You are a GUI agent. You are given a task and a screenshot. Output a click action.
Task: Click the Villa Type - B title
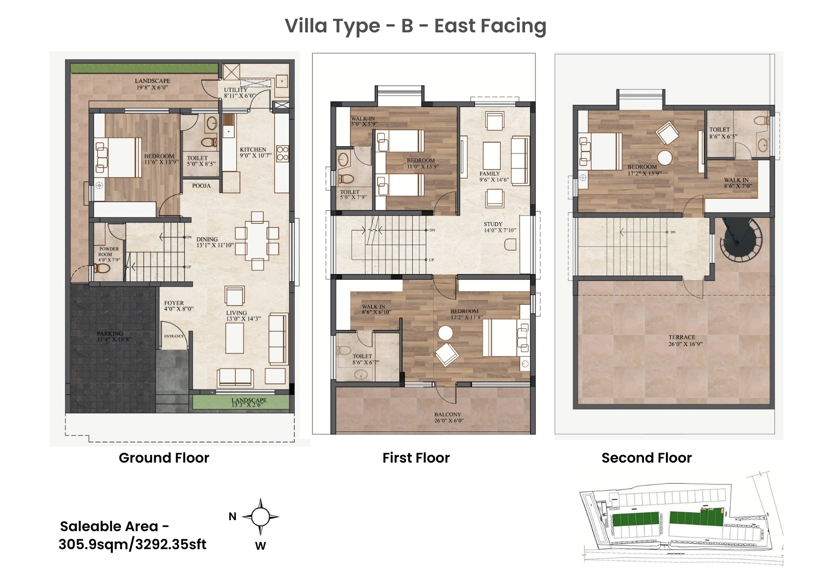tap(415, 26)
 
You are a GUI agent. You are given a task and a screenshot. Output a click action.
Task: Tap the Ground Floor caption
tap(164, 458)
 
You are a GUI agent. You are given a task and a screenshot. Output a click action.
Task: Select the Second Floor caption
tap(646, 458)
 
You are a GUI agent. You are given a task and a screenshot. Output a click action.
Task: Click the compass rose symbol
tap(260, 517)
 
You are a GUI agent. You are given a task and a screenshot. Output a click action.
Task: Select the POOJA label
tap(201, 186)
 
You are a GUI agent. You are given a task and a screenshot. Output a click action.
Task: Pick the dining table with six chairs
tap(258, 241)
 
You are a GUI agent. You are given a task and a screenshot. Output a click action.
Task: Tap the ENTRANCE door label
tap(174, 336)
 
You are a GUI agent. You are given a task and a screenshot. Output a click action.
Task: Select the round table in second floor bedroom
tap(664, 158)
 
